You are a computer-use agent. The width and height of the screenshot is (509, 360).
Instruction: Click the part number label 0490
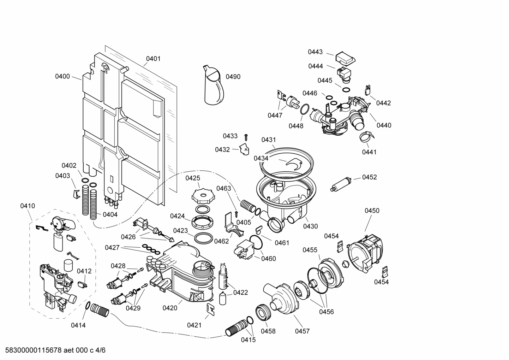coord(233,77)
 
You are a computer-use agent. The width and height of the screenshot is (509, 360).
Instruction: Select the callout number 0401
coord(153,59)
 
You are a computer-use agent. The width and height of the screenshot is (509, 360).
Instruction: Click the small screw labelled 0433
coord(247,136)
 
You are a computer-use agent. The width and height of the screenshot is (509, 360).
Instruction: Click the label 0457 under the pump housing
coord(302,331)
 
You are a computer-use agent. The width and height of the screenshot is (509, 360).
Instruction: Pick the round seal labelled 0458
coord(264,312)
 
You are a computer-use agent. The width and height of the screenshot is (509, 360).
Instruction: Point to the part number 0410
coord(28,206)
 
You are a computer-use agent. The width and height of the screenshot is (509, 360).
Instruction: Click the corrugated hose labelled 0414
coord(100,311)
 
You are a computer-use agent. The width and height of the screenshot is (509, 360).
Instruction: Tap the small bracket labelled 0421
coord(211,308)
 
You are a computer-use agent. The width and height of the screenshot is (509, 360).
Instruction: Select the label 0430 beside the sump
coord(310,226)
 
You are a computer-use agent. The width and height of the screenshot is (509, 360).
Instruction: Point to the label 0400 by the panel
coord(62,76)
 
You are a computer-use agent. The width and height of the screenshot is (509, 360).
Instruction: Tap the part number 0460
coord(269,259)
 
